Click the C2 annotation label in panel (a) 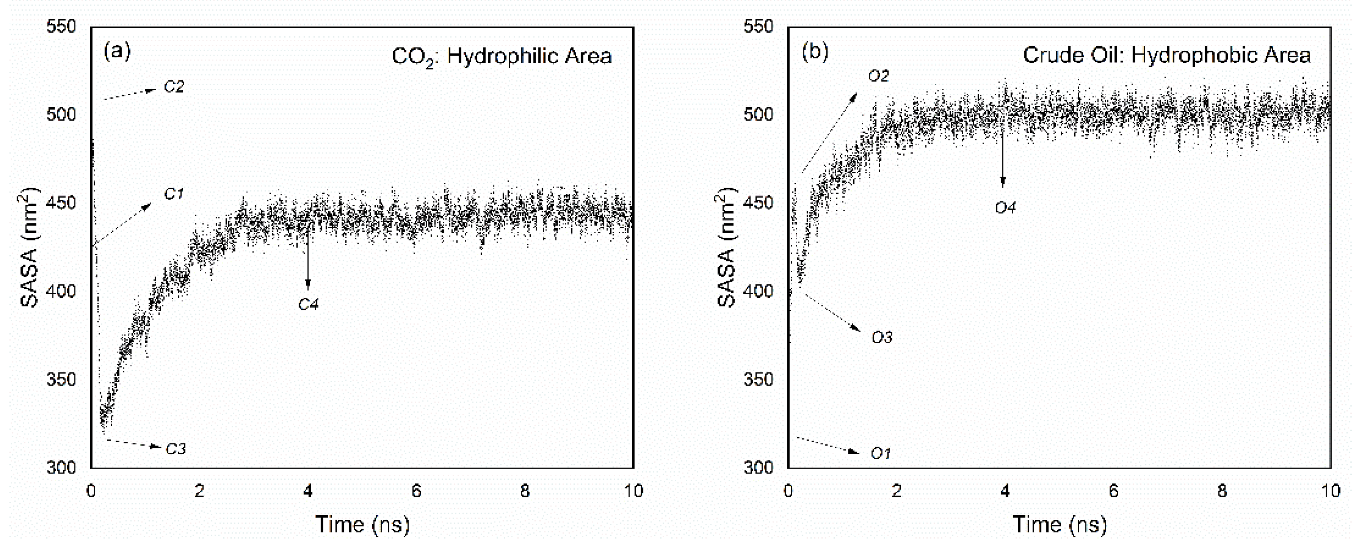(174, 87)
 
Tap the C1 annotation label (174, 194)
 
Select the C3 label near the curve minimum (176, 448)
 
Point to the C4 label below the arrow (308, 304)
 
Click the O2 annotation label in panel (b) (878, 76)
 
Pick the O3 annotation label (882, 337)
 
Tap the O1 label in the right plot (881, 453)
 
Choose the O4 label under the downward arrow (1005, 208)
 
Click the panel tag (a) (117, 51)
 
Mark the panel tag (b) (815, 51)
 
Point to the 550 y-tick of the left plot (61, 26)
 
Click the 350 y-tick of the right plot (758, 379)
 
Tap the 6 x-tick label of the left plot (417, 491)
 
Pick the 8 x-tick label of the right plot (1222, 491)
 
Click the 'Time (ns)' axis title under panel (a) (362, 524)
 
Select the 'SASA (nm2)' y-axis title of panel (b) (726, 247)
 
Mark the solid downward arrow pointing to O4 (1003, 158)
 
